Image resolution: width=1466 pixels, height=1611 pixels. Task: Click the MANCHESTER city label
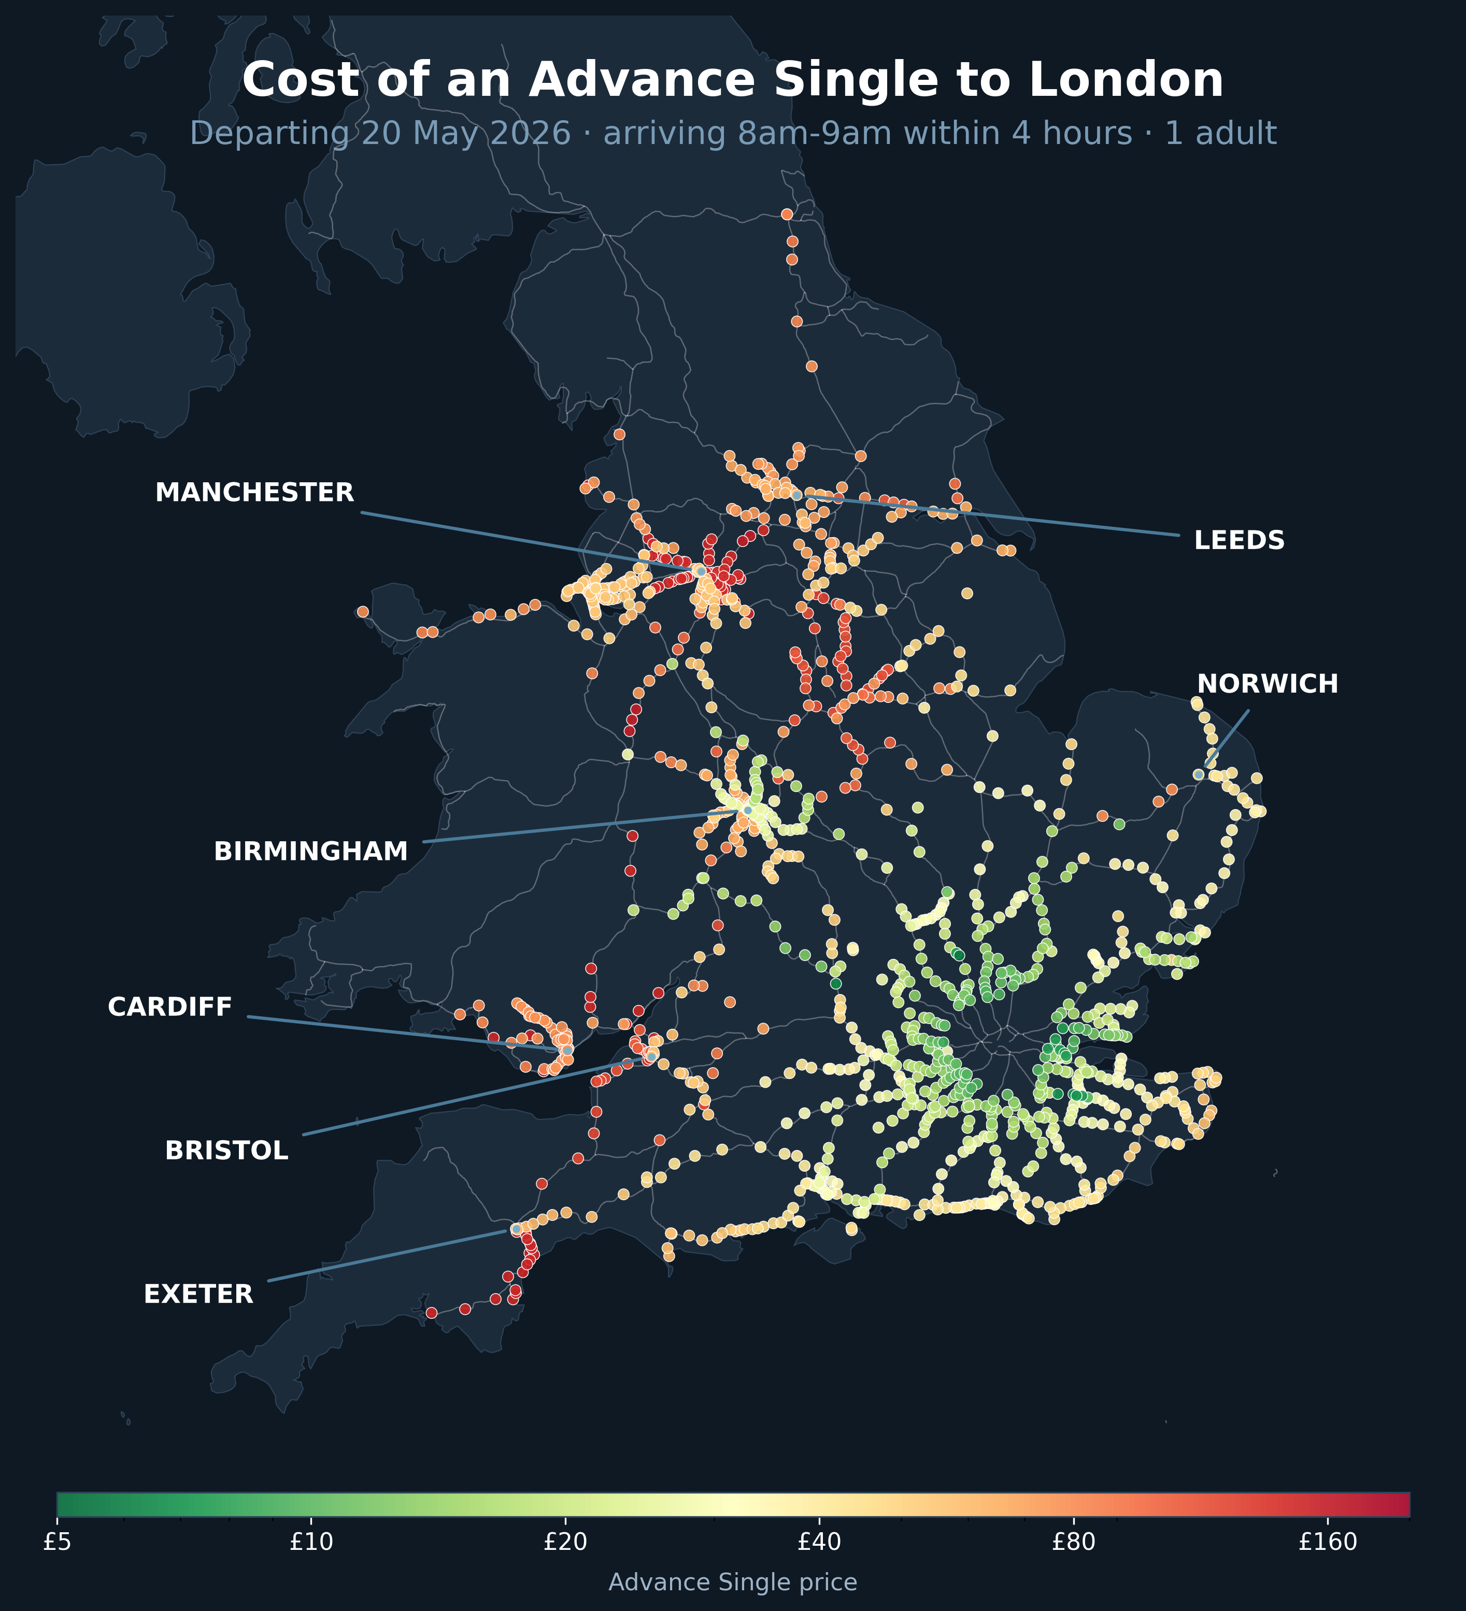[254, 492]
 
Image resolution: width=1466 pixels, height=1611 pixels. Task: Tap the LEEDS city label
[1239, 540]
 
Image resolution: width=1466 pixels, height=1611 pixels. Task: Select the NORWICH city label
[1267, 684]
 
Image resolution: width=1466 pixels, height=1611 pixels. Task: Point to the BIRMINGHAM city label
[310, 852]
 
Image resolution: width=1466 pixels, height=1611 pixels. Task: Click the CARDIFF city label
[169, 1007]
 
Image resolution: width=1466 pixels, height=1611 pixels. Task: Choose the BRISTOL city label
[226, 1150]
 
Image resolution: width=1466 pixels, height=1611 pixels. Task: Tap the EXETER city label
[198, 1294]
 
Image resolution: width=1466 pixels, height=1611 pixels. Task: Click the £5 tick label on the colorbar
[57, 1542]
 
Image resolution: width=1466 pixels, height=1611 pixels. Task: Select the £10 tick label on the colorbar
[311, 1542]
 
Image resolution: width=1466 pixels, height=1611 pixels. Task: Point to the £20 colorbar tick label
[565, 1542]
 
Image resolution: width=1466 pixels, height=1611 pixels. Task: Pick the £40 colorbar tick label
[819, 1542]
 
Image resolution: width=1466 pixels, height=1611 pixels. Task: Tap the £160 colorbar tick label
[1328, 1542]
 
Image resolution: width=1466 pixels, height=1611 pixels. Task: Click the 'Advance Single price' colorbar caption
[732, 1582]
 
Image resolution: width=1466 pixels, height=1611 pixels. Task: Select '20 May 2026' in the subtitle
[466, 134]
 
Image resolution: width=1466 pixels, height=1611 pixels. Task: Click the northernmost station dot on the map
[787, 214]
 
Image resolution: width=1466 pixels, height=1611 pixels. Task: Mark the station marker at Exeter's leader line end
[516, 1229]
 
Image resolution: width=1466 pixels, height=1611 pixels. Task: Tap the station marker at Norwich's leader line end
[1198, 774]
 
